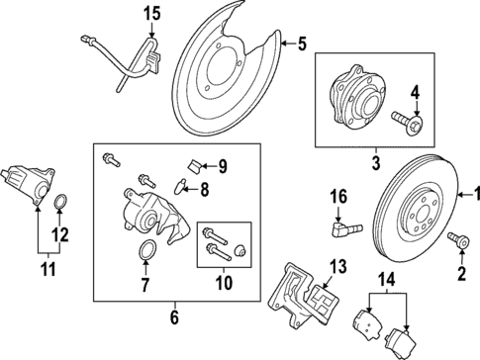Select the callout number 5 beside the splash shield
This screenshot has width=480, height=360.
click(x=302, y=44)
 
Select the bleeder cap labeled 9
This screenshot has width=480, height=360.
click(x=191, y=162)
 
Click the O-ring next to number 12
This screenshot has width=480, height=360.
click(x=61, y=205)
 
